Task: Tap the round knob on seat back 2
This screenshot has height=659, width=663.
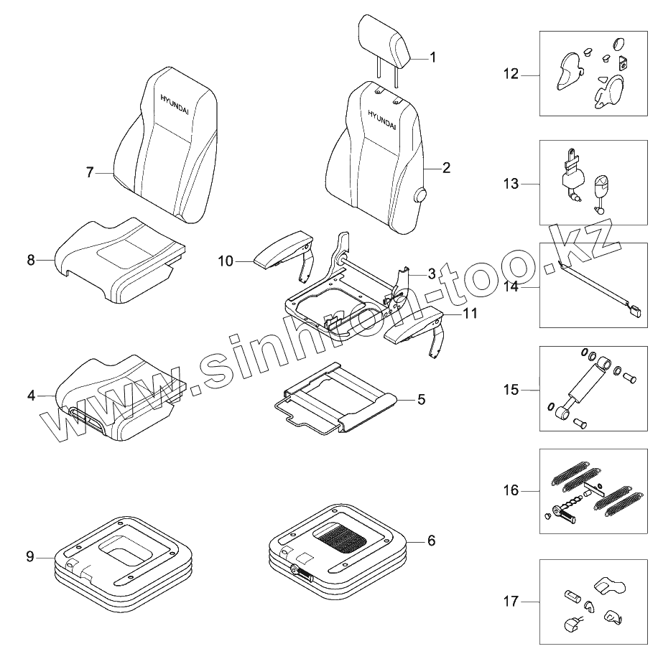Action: [x=419, y=194]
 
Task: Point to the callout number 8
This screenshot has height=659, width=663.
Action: [x=31, y=260]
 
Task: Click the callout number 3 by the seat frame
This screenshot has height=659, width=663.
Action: [x=431, y=274]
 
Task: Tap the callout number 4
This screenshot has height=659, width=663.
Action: [x=31, y=395]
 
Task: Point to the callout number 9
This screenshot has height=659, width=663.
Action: [x=30, y=556]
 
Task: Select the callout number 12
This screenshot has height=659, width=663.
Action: [x=511, y=74]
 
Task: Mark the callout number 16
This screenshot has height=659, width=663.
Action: [x=511, y=491]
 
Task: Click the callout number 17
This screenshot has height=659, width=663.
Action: [x=511, y=601]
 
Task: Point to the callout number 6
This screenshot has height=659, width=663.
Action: [x=431, y=541]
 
